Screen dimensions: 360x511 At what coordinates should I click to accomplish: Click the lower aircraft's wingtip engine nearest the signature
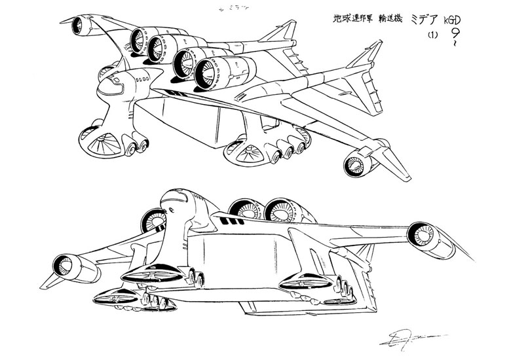[x=419, y=232]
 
